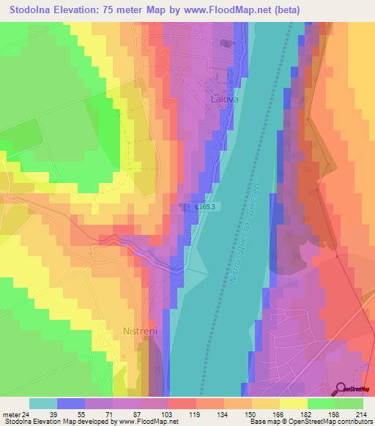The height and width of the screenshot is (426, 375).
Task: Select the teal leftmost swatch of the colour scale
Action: [x=43, y=403]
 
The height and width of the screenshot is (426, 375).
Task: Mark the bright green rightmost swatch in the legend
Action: [x=349, y=403]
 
